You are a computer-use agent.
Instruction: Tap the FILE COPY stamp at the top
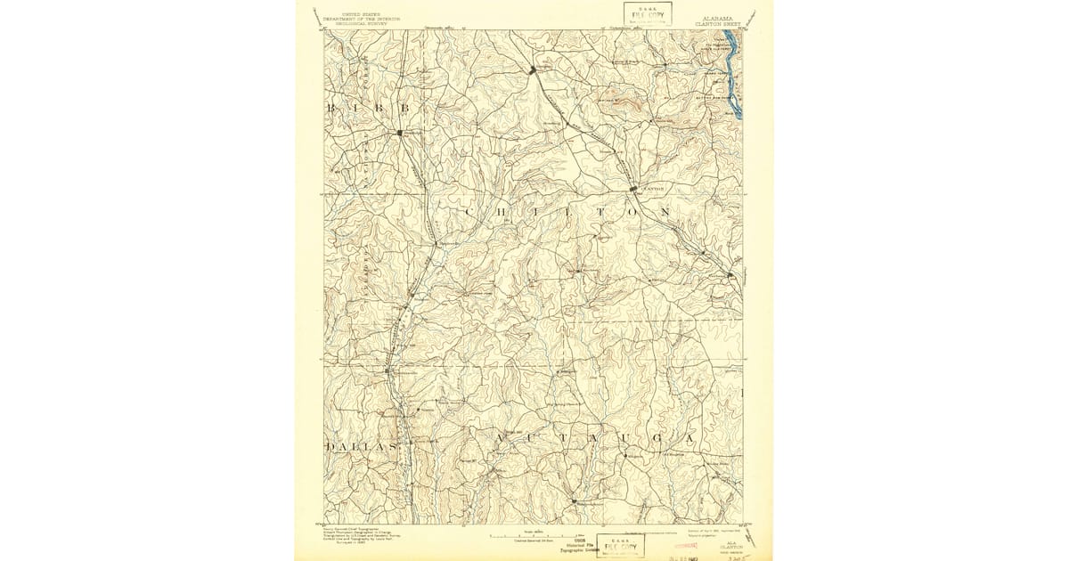(648, 14)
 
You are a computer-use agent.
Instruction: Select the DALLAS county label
(361, 445)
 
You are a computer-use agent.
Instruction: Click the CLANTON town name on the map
(654, 190)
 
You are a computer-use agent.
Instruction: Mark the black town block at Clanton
(633, 190)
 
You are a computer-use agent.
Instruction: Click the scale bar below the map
(534, 537)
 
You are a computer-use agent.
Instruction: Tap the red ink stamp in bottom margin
(687, 544)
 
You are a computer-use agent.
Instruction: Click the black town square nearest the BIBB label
(400, 134)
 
